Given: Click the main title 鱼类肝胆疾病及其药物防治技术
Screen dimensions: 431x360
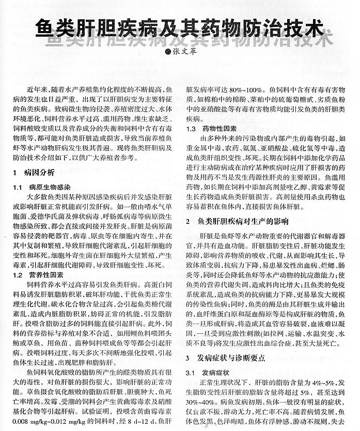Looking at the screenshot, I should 180,26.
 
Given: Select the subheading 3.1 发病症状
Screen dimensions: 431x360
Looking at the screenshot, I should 205,372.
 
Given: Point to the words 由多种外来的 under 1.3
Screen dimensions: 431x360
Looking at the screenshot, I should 220,138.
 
